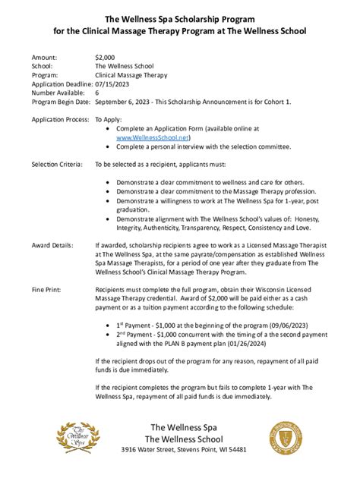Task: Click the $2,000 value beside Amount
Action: coord(106,58)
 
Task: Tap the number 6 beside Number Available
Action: coord(97,93)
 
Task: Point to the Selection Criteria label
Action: coord(57,163)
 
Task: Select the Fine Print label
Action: coord(47,290)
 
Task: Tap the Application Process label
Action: coord(58,120)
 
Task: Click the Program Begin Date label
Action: coord(61,101)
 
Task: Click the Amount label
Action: coord(43,58)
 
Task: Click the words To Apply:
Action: coord(109,120)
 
